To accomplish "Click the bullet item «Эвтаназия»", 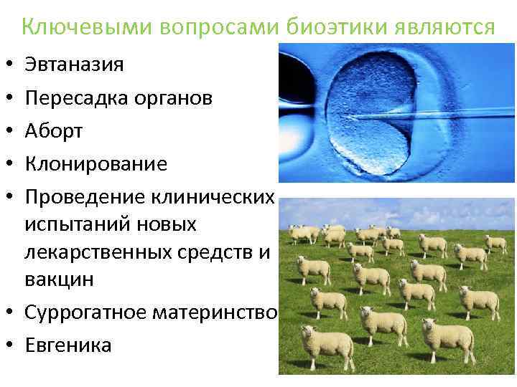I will coord(74,64).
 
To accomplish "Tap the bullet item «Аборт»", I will coord(55,131).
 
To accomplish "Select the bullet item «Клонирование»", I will coord(96,164).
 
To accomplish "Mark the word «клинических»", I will coord(213,198).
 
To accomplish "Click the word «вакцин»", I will coord(60,279).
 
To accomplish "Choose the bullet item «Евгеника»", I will coord(68,345).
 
